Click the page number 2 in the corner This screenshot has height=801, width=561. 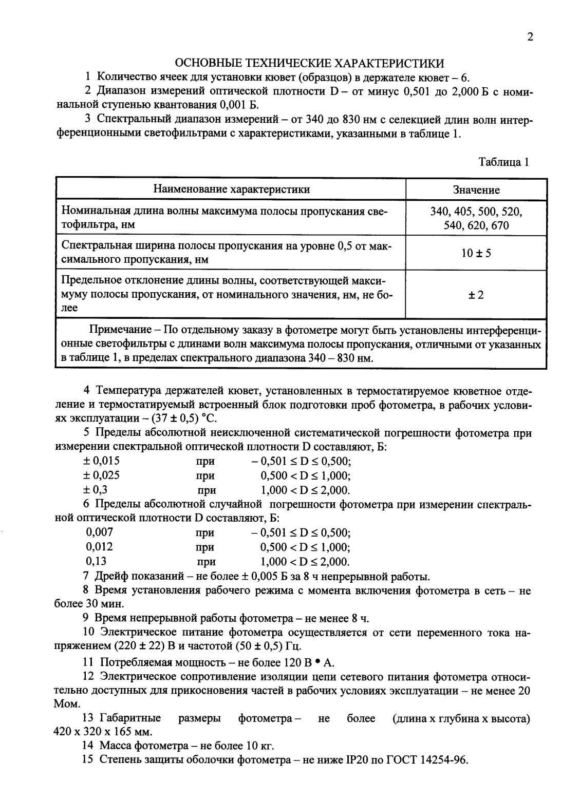pyautogui.click(x=530, y=37)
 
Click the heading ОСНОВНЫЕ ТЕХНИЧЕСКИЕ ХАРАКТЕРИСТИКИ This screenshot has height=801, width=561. pyautogui.click(x=310, y=63)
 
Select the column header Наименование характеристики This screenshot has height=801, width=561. pyautogui.click(x=231, y=189)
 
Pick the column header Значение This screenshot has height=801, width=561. pyautogui.click(x=476, y=190)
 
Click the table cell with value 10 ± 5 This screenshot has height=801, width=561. pyautogui.click(x=476, y=253)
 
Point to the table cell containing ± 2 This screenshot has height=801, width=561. pyautogui.click(x=476, y=295)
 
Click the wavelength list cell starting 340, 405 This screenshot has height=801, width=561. pyautogui.click(x=476, y=218)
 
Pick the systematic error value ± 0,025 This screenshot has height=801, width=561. pyautogui.click(x=101, y=475)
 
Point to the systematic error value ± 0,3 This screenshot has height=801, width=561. pyautogui.click(x=95, y=489)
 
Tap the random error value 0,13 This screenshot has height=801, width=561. pyautogui.click(x=97, y=561)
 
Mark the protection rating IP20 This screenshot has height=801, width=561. pyautogui.click(x=360, y=760)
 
